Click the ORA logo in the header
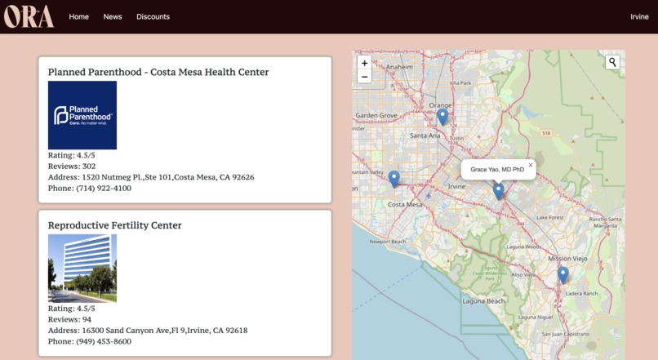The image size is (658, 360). [29, 16]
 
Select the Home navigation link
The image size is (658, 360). [79, 17]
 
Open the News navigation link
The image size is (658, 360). [113, 17]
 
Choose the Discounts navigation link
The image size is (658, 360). [153, 17]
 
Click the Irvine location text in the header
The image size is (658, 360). [639, 17]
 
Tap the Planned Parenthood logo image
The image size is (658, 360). [82, 115]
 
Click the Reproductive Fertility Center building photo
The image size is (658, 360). [82, 269]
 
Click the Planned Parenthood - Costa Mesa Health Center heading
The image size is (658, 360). [158, 72]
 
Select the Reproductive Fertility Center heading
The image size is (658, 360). [115, 225]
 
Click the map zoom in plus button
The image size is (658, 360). [365, 63]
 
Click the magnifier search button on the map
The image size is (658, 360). [612, 62]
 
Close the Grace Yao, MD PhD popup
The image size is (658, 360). [530, 165]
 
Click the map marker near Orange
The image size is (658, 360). [442, 116]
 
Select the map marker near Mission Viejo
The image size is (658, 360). [562, 274]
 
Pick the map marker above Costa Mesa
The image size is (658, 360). [394, 177]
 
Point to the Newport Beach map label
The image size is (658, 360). [387, 242]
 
